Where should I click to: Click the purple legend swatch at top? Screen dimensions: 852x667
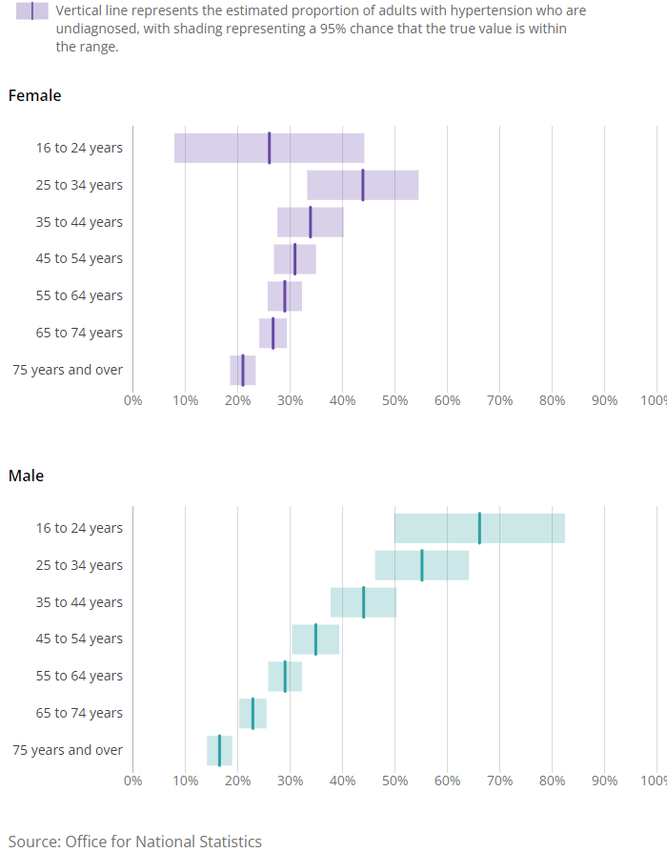(31, 11)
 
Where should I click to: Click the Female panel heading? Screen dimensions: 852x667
(34, 95)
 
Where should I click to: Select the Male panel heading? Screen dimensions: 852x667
(26, 476)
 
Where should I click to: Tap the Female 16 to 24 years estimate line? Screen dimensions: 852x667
(269, 148)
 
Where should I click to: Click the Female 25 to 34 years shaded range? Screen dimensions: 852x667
(391, 185)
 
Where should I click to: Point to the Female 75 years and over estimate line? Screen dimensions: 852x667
(243, 370)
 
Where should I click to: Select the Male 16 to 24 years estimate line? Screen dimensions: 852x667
(479, 528)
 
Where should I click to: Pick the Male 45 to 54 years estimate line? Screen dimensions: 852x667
(315, 639)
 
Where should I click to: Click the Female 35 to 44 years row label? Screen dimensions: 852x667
(79, 222)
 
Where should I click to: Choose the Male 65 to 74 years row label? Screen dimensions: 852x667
(79, 713)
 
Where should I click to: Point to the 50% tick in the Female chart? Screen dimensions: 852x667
(395, 400)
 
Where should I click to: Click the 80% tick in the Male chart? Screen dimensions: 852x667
(553, 781)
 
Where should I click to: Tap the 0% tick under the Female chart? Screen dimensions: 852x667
(132, 400)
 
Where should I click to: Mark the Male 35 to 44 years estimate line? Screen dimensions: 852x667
(363, 602)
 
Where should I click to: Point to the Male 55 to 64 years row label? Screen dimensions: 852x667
(79, 676)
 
